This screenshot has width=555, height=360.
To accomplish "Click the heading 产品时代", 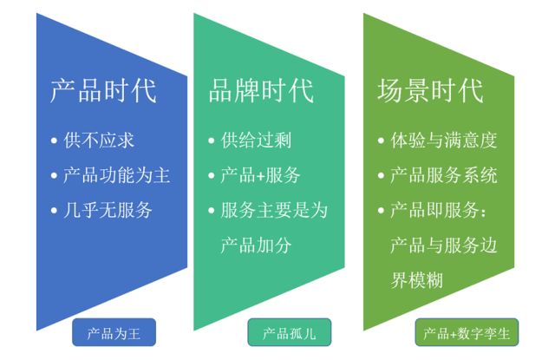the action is click(102, 91).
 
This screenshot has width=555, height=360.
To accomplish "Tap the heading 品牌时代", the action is click(261, 91).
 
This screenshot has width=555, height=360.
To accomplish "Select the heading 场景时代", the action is click(431, 91).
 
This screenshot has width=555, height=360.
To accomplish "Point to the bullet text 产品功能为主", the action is click(116, 175).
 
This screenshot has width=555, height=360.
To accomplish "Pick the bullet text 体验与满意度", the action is click(444, 140).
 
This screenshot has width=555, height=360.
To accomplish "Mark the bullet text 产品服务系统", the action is click(444, 175).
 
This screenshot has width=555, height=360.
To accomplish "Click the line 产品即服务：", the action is click(444, 210).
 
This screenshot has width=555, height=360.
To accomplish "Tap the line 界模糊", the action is click(418, 279).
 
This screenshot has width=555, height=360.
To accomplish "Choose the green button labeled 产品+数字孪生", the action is click(463, 333).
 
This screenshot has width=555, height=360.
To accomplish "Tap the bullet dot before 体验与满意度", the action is click(382, 141).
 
